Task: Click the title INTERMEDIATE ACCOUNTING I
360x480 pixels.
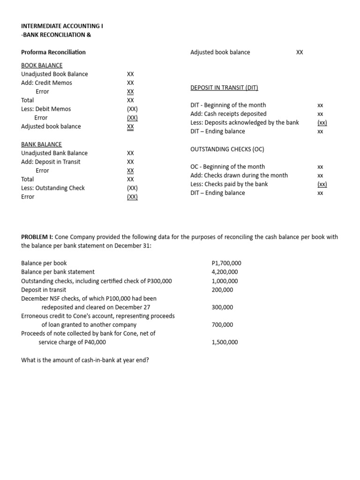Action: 62,26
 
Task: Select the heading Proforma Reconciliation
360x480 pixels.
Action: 53,52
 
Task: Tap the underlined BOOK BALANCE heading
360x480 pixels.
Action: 42,65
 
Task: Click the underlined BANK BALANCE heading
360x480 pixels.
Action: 41,144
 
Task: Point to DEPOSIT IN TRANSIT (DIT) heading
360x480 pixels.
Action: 224,88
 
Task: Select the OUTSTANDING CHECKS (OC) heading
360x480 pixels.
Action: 227,149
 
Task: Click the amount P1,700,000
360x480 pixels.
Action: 226,263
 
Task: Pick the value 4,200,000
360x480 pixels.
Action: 225,272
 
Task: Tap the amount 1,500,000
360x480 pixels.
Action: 225,342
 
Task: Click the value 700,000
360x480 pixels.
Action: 222,324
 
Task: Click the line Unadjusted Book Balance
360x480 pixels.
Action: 54,74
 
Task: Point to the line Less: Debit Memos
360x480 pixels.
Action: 46,109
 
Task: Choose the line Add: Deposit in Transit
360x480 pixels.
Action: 51,162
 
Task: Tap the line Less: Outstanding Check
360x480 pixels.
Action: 53,188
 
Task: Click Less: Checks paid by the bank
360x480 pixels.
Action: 229,184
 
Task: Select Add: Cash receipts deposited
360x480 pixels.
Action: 228,114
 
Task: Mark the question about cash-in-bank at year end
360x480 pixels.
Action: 85,360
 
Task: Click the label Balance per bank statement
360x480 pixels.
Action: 58,272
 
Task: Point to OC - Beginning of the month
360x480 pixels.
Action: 227,166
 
